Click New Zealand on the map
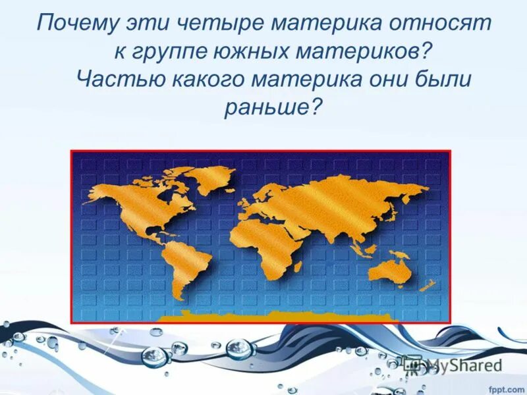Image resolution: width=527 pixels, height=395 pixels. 427,286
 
